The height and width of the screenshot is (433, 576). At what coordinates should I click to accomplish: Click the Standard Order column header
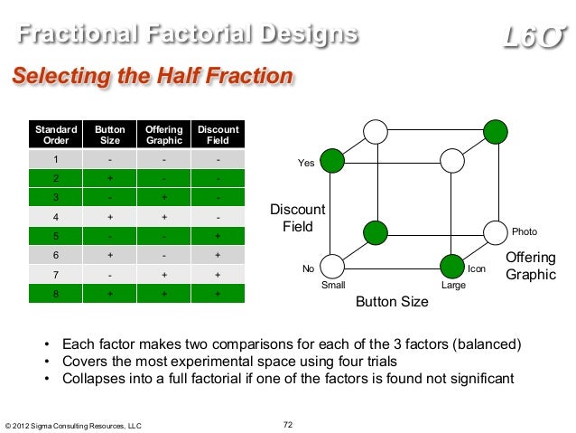pyautogui.click(x=56, y=136)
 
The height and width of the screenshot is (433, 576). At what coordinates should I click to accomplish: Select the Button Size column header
pyautogui.click(x=110, y=136)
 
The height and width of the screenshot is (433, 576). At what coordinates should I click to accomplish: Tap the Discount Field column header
pyautogui.click(x=218, y=136)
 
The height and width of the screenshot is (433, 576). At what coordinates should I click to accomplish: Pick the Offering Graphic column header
pyautogui.click(x=163, y=136)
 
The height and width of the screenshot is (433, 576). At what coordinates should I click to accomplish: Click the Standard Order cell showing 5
pyautogui.click(x=56, y=236)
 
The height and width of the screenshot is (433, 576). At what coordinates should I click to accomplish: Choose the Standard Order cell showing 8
pyautogui.click(x=56, y=294)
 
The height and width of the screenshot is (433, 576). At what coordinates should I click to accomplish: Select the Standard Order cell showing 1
pyautogui.click(x=56, y=161)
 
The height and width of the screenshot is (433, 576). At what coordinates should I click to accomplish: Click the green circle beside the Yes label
pyautogui.click(x=333, y=162)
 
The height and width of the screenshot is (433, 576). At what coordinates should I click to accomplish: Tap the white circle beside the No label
pyautogui.click(x=333, y=267)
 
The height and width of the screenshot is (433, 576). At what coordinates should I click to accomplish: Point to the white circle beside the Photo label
pyautogui.click(x=496, y=232)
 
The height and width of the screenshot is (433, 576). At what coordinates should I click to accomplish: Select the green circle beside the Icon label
pyautogui.click(x=451, y=267)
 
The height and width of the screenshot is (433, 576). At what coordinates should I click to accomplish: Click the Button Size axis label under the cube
pyautogui.click(x=391, y=302)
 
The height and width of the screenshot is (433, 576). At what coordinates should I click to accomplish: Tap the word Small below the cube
pyautogui.click(x=333, y=285)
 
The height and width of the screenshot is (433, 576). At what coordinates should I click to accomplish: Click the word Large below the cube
pyautogui.click(x=453, y=285)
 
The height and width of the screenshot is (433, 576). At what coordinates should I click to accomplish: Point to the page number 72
pyautogui.click(x=288, y=424)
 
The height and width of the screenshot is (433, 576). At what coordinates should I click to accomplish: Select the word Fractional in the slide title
pyautogui.click(x=75, y=35)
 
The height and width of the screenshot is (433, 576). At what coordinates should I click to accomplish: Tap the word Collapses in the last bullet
pyautogui.click(x=97, y=378)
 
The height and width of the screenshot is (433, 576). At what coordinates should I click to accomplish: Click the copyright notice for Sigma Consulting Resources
pyautogui.click(x=73, y=425)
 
